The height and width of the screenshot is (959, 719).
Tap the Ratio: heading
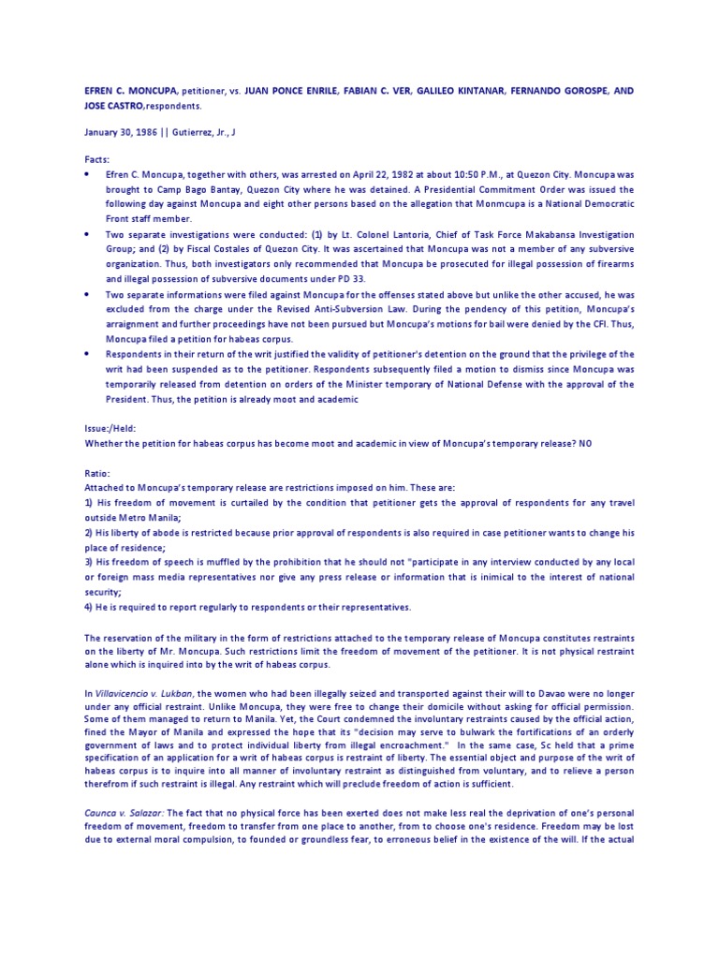[x=97, y=473]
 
